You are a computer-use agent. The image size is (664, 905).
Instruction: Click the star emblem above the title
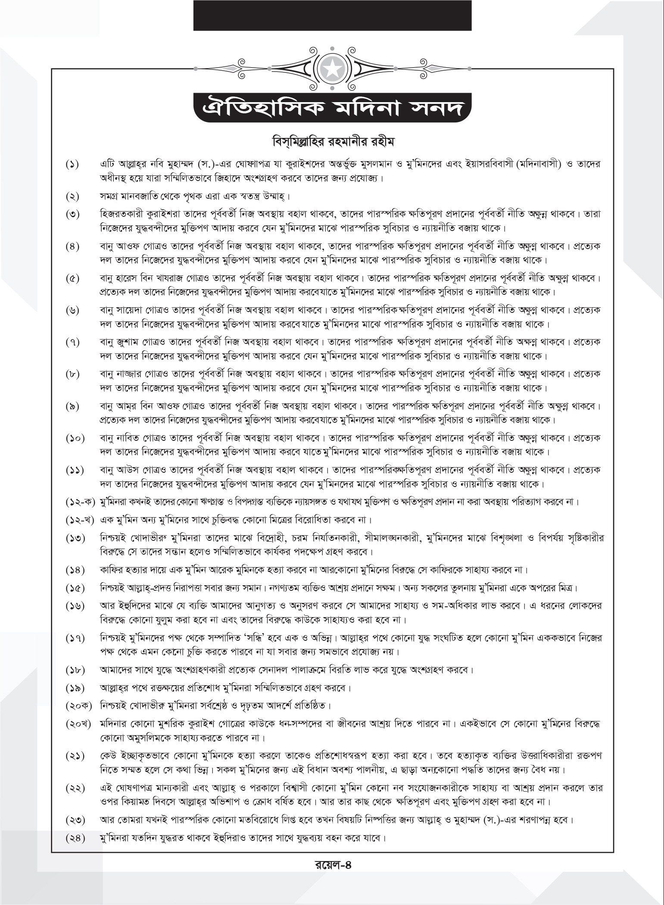(332, 67)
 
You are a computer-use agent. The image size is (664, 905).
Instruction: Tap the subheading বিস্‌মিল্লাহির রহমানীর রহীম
(332, 142)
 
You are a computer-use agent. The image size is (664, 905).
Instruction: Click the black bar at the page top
(332, 15)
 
